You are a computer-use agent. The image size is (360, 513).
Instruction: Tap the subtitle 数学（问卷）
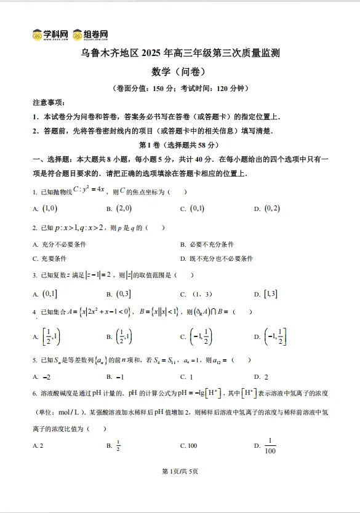tap(180, 72)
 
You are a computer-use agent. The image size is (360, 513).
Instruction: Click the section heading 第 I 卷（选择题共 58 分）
tap(179, 145)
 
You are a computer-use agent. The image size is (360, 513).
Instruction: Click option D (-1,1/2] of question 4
tap(274, 336)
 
